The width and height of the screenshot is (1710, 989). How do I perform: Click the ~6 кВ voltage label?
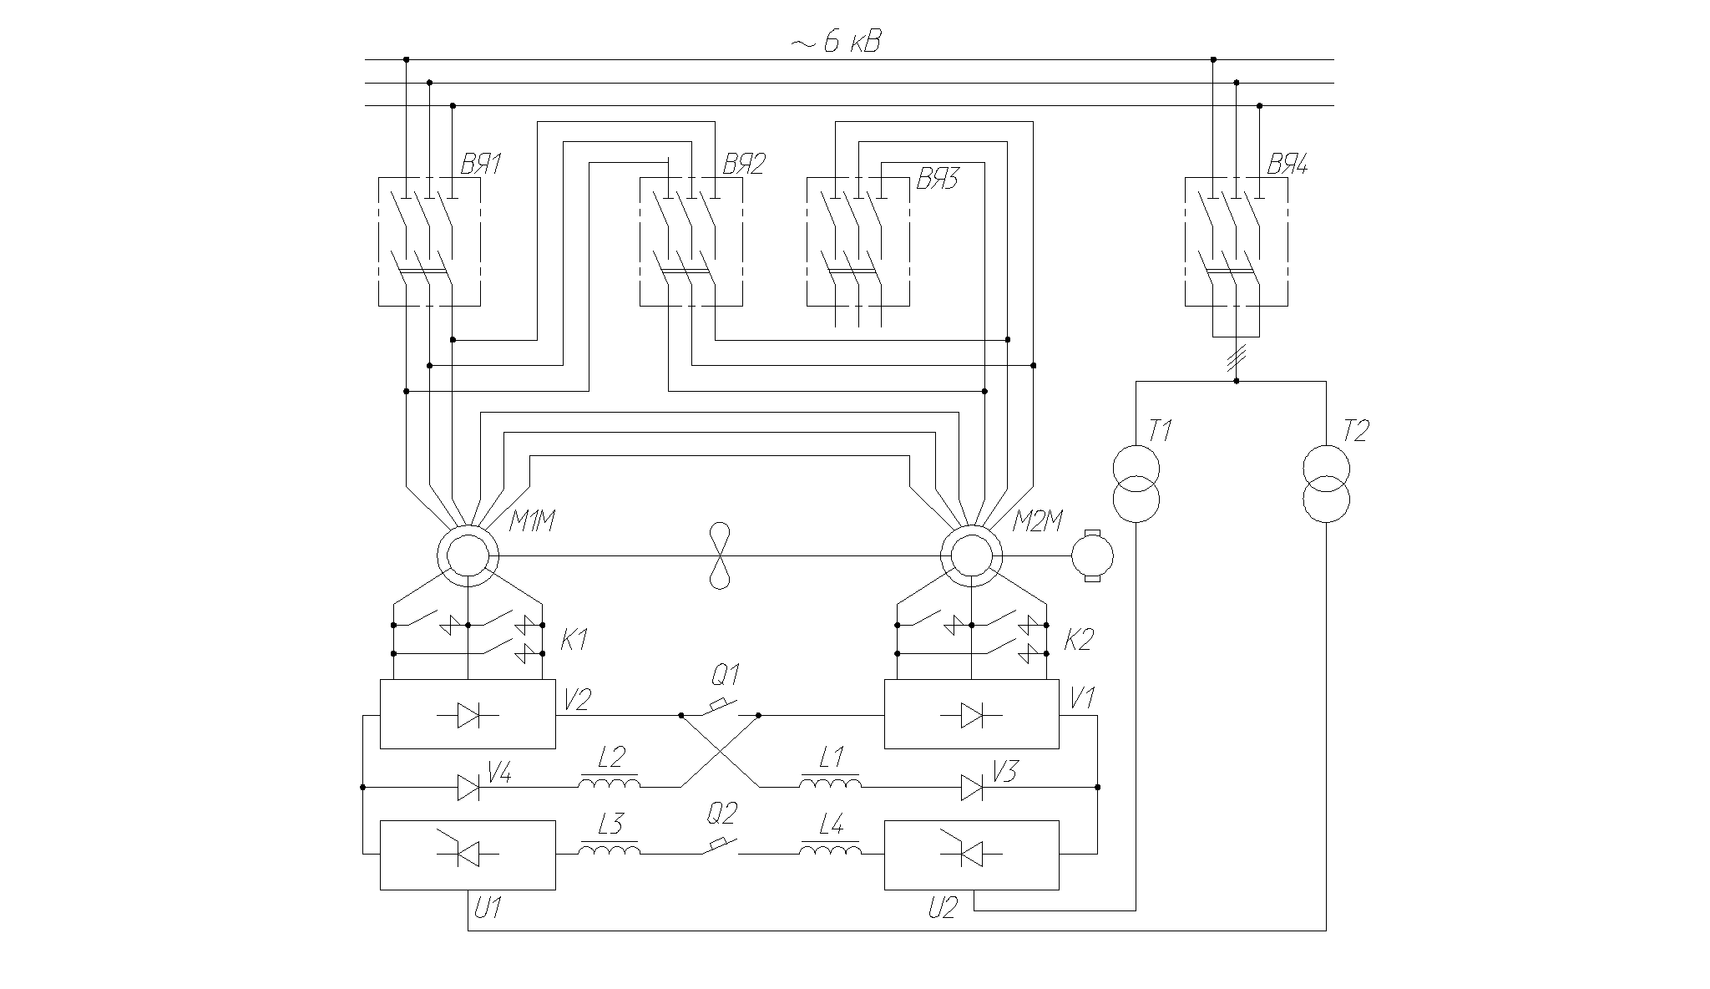point(835,43)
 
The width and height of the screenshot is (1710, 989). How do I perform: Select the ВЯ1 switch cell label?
point(481,165)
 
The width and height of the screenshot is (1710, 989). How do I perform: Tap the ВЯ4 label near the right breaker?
point(1288,165)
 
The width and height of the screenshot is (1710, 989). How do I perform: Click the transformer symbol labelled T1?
point(1136,484)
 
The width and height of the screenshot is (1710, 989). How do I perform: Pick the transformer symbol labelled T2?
point(1326,484)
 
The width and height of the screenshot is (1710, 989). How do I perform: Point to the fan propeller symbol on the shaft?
point(720,555)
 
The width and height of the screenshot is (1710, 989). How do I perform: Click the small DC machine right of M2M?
point(1092,555)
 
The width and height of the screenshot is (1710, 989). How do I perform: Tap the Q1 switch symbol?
point(720,709)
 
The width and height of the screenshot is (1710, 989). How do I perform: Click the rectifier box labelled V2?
point(468,714)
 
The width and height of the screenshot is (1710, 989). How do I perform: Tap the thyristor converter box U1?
point(468,855)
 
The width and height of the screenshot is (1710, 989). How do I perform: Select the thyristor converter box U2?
point(971,855)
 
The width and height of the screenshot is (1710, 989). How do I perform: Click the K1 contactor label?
point(574,642)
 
